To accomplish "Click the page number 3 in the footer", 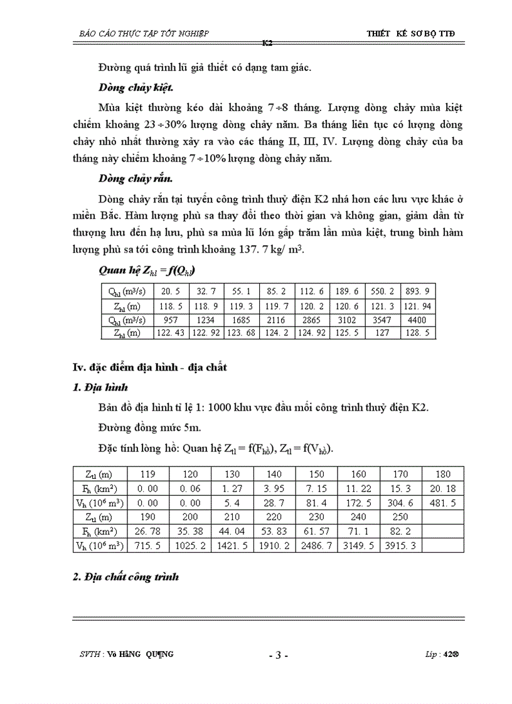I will pyautogui.click(x=277, y=655).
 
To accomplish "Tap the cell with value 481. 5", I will pyautogui.click(x=442, y=503).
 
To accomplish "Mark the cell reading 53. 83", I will pyautogui.click(x=274, y=532).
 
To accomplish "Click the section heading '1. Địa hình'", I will pyautogui.click(x=100, y=388).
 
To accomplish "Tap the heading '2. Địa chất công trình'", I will pyautogui.click(x=126, y=577).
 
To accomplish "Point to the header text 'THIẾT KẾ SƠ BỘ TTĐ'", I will pyautogui.click(x=410, y=33).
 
